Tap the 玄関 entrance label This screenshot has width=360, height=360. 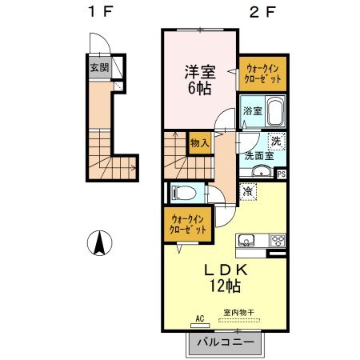click(99, 68)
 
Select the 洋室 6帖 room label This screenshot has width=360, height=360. click(199, 78)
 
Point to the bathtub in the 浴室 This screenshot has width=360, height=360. click(274, 111)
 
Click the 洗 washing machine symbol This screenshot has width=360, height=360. click(274, 142)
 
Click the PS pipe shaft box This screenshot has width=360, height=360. click(281, 173)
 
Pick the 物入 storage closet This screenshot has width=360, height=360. click(199, 143)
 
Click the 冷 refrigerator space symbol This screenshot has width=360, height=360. click(247, 192)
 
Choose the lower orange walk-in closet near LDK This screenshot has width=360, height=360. click(187, 224)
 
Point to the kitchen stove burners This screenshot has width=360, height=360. click(277, 240)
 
